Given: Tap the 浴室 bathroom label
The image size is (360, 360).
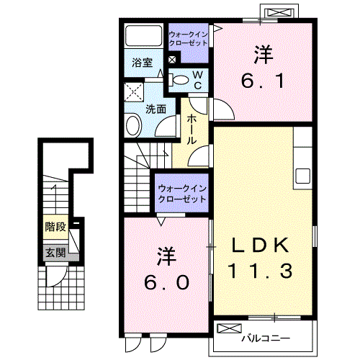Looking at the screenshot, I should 141,63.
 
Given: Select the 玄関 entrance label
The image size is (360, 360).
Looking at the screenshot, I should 55,253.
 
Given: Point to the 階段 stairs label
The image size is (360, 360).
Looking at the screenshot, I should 55,227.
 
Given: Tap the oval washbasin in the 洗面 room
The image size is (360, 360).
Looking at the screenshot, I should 134,127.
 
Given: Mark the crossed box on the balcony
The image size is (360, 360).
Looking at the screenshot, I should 228,329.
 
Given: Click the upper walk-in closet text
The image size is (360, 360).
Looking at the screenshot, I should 188,38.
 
